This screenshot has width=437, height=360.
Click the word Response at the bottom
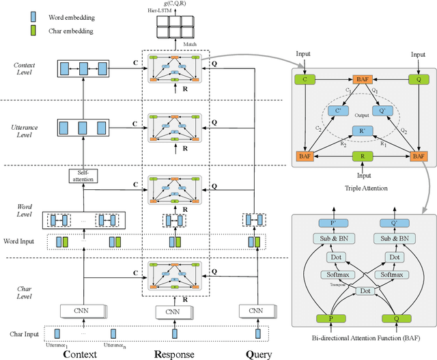click(175, 354)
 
